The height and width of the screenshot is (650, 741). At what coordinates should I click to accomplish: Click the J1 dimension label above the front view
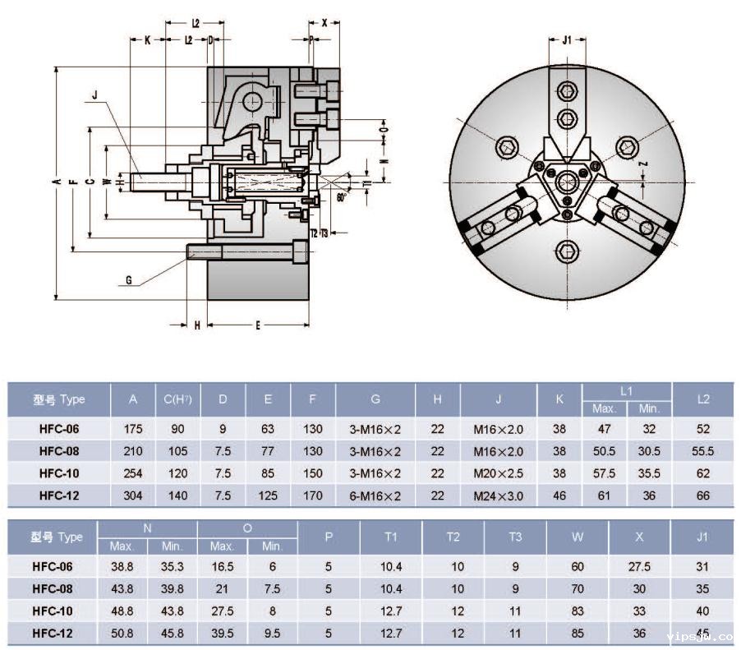tap(568, 39)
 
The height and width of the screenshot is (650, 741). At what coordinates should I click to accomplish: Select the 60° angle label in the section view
tap(340, 197)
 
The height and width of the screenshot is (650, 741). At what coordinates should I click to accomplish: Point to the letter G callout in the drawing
tap(129, 280)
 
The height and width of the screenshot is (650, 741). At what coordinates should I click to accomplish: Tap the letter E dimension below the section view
tap(257, 326)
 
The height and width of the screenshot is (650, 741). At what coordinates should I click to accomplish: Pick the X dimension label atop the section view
tap(324, 23)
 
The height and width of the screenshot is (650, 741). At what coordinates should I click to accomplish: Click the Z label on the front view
tap(644, 164)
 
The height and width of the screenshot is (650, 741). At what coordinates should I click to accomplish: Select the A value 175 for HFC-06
tap(133, 428)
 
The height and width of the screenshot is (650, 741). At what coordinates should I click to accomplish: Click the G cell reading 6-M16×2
tap(375, 495)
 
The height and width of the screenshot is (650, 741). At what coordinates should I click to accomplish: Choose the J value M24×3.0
tap(498, 495)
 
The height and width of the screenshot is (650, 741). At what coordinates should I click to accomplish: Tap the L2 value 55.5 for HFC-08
tap(703, 450)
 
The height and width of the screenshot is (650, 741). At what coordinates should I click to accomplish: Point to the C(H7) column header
tap(177, 400)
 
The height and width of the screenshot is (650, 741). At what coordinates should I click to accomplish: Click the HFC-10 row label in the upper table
tap(59, 473)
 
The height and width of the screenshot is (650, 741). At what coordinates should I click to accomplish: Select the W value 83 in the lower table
tap(578, 611)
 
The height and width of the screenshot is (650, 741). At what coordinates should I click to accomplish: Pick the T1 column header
tap(391, 537)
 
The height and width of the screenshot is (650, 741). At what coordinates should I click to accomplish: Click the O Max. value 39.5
tap(222, 634)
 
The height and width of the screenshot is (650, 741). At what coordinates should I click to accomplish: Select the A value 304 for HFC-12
tap(133, 495)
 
